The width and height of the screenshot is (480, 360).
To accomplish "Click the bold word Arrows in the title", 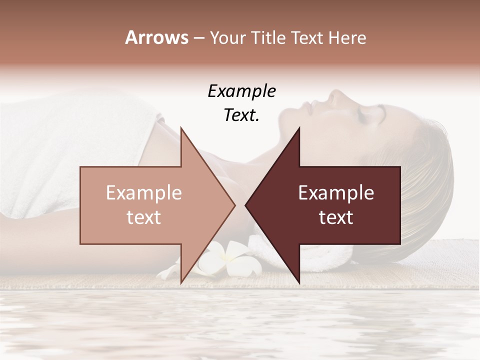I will pyautogui.click(x=156, y=37).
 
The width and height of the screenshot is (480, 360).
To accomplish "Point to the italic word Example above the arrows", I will pyautogui.click(x=241, y=91).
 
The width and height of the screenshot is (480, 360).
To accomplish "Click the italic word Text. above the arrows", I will pyautogui.click(x=241, y=115).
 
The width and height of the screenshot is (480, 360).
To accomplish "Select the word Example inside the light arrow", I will pyautogui.click(x=144, y=193).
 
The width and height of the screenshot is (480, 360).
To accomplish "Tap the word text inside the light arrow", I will pyautogui.click(x=144, y=217).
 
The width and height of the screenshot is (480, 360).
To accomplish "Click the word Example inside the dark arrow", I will pyautogui.click(x=336, y=193).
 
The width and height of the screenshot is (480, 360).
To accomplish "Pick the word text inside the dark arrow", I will pyautogui.click(x=336, y=217).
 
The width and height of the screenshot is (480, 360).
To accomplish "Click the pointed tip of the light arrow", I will pyautogui.click(x=234, y=205).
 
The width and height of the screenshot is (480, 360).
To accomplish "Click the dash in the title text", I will pyautogui.click(x=198, y=38).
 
